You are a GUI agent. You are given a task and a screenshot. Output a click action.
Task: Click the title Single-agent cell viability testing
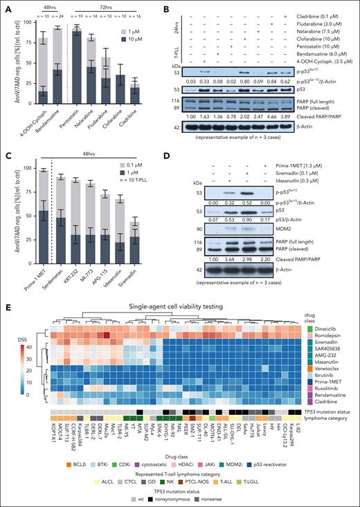(x=178, y=307)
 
